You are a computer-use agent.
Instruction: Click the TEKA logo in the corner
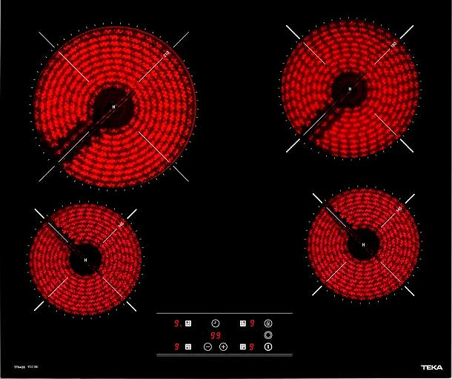click(432, 366)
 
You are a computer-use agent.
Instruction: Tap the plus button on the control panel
click(223, 346)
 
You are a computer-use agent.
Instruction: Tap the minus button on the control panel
click(207, 346)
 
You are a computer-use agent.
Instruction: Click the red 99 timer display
click(215, 335)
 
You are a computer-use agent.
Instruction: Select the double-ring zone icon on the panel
click(268, 335)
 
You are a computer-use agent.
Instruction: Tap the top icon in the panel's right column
click(268, 323)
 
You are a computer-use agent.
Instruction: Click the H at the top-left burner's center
click(113, 108)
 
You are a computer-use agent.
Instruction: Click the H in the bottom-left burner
click(85, 261)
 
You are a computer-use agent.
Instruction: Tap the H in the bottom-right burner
click(363, 244)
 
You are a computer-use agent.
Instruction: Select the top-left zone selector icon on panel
click(188, 323)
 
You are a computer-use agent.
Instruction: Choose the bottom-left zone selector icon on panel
click(188, 346)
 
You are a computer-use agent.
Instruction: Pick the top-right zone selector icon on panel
click(242, 323)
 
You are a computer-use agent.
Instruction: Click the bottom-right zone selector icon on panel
click(242, 346)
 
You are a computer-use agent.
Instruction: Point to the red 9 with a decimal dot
click(177, 323)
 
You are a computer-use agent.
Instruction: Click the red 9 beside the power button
click(253, 346)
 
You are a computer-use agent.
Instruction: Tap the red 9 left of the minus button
click(177, 346)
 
